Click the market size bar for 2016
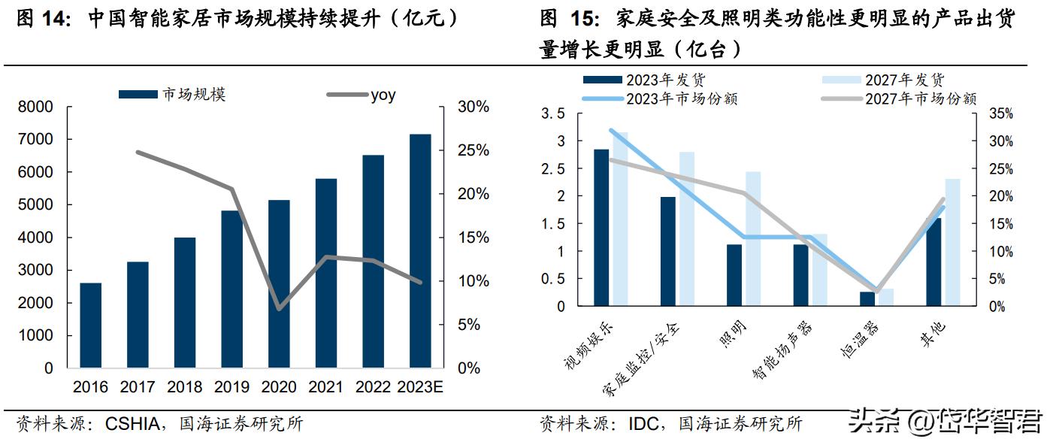pyautogui.click(x=91, y=325)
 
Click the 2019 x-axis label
pyautogui.click(x=231, y=387)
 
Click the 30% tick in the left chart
pyautogui.click(x=473, y=107)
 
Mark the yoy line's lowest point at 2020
pyautogui.click(x=279, y=308)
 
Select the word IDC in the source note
pyautogui.click(x=643, y=424)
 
